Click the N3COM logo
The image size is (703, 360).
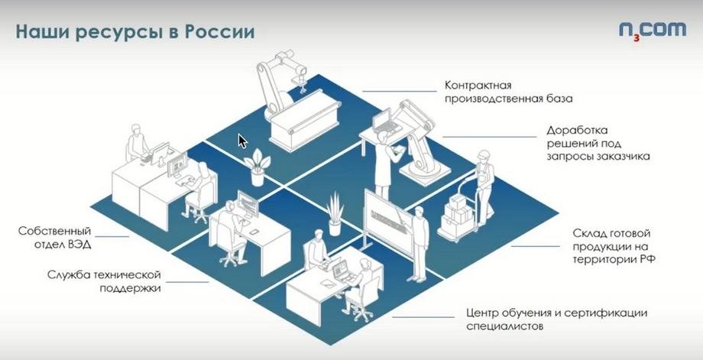point(653,31)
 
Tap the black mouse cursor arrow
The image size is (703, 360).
point(242,141)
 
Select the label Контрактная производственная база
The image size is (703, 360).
point(508,92)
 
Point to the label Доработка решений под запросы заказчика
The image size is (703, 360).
point(598,144)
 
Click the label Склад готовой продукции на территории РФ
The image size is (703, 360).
point(614,246)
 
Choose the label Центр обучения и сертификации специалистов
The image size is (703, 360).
point(556,319)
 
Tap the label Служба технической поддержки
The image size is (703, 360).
point(104,281)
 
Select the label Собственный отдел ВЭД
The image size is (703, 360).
point(55,238)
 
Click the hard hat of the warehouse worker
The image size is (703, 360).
point(482,155)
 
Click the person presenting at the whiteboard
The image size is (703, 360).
point(420,243)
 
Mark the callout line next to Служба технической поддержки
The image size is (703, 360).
point(190,281)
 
